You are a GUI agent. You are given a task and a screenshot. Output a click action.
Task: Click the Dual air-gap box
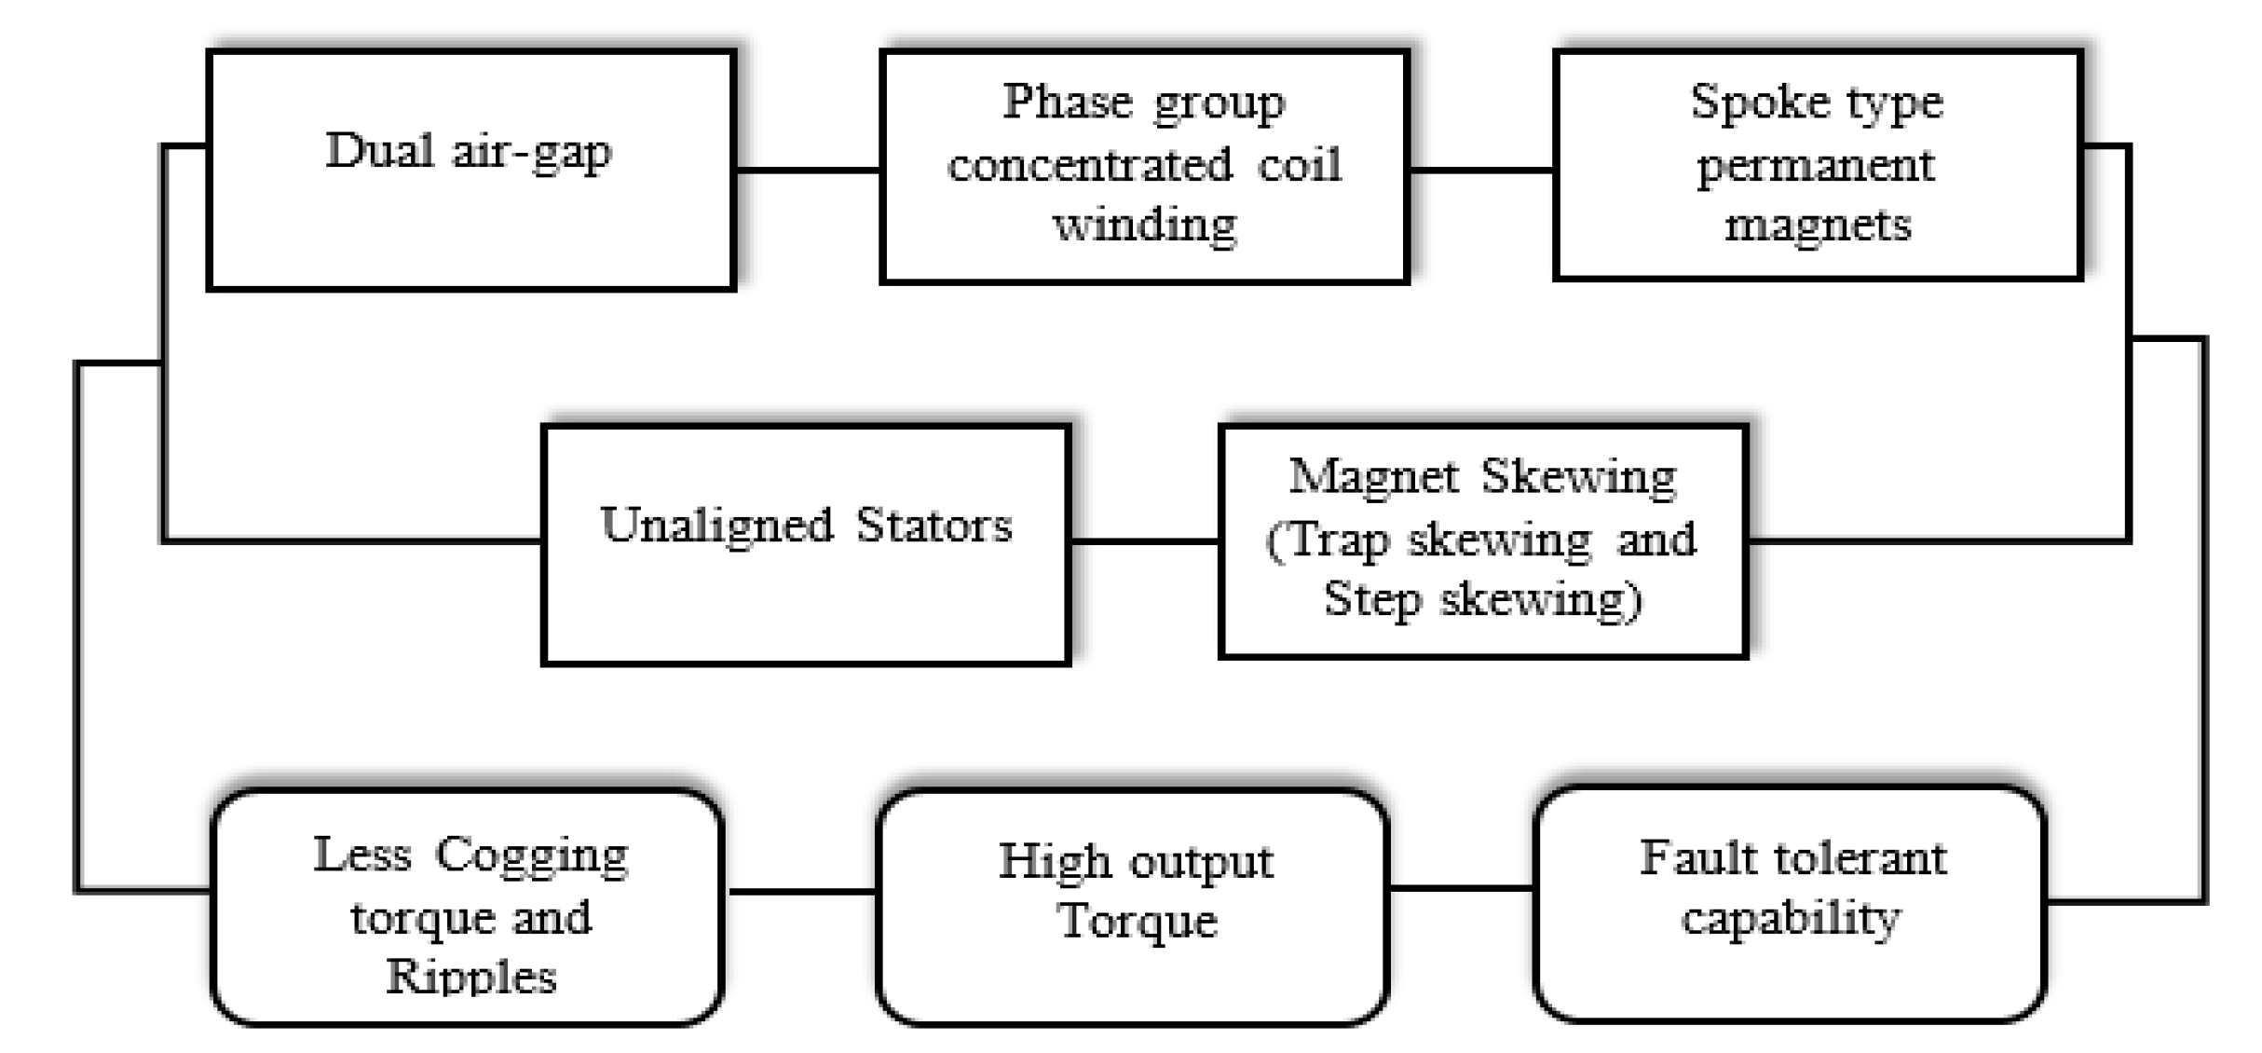(x=471, y=170)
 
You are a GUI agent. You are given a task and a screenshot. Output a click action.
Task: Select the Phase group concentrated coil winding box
(x=1144, y=166)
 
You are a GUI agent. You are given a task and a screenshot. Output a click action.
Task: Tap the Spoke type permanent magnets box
(x=1817, y=164)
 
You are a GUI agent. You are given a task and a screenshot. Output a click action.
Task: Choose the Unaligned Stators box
(x=806, y=544)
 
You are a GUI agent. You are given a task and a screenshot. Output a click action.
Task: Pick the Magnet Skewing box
(x=1482, y=540)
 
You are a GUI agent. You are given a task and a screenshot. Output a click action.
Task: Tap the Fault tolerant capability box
(x=1790, y=903)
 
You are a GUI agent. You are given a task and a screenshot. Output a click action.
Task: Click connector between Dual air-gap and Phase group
(x=808, y=170)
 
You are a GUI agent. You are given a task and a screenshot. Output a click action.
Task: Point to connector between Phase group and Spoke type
(x=1481, y=170)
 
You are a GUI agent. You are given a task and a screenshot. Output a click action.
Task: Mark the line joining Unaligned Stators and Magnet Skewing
(x=1144, y=540)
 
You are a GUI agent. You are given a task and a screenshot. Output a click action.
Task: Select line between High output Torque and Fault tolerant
(x=1461, y=888)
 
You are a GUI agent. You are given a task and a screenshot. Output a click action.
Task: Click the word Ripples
(x=471, y=977)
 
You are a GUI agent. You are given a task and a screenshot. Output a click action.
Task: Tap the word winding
(x=1145, y=225)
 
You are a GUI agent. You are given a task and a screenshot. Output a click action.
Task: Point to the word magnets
(x=1818, y=225)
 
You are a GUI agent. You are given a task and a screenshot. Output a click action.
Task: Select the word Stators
(x=933, y=525)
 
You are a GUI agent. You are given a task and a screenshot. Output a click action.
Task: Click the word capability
(x=1791, y=919)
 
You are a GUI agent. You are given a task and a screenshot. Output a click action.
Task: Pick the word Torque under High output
(x=1138, y=922)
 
